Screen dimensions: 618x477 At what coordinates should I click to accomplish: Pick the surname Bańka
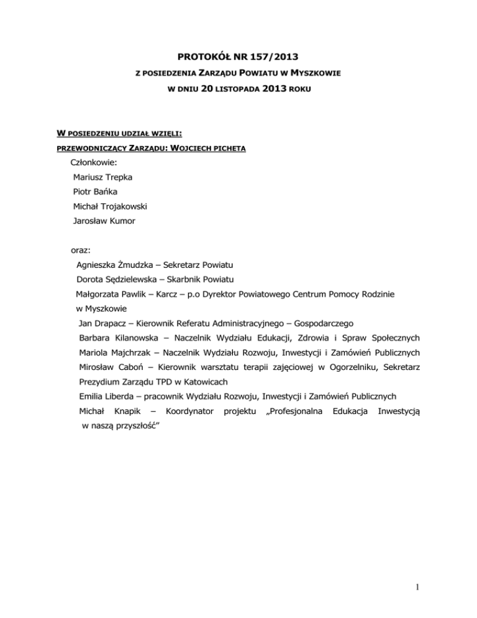tap(107, 191)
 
